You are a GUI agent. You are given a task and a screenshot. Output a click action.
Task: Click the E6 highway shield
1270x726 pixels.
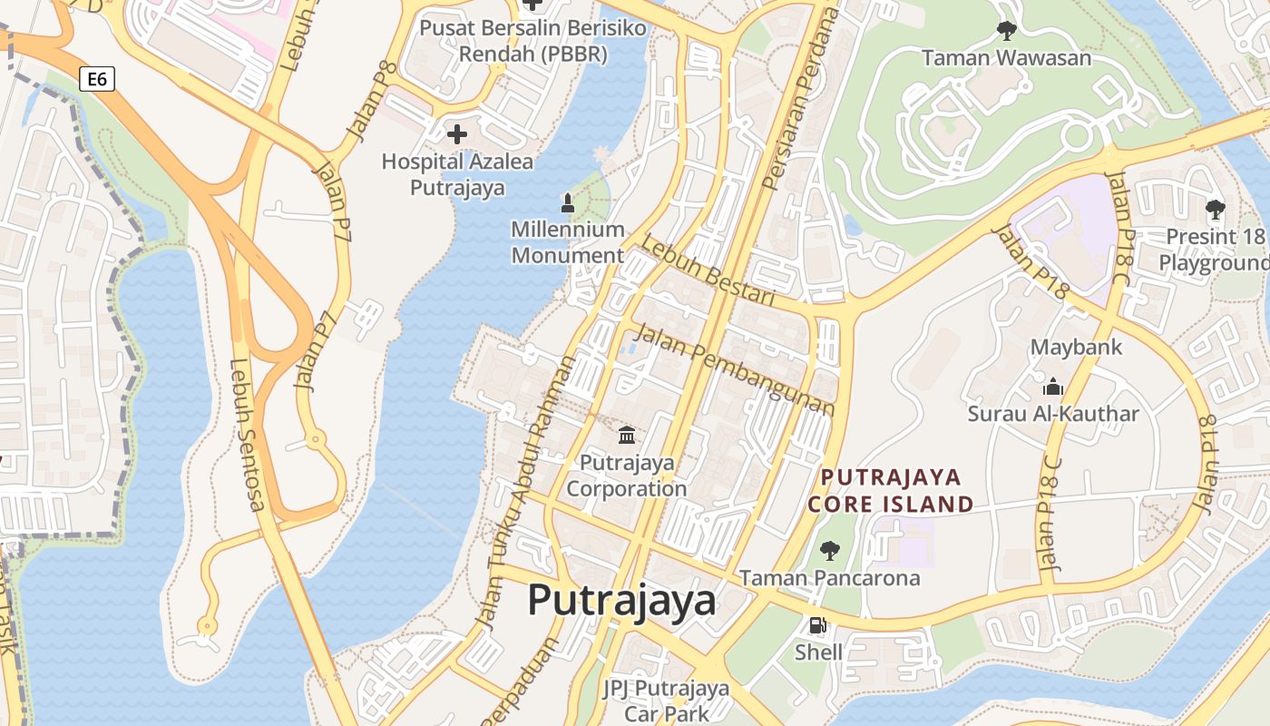click(97, 79)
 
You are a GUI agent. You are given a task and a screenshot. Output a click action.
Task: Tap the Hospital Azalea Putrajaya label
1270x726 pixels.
click(457, 175)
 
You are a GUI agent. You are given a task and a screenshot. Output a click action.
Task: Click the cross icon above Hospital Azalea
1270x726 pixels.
click(457, 135)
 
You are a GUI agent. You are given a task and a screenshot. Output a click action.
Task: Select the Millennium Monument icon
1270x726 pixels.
click(568, 202)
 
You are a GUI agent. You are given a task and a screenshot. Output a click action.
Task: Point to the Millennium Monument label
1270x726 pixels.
click(568, 242)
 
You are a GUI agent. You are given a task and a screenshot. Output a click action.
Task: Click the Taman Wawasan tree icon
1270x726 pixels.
click(1006, 31)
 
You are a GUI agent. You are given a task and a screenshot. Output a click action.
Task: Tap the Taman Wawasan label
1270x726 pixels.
click(1006, 58)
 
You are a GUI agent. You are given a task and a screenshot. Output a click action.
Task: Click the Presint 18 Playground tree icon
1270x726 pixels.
click(1215, 210)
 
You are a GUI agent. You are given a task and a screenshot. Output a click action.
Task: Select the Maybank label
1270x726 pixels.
click(1076, 347)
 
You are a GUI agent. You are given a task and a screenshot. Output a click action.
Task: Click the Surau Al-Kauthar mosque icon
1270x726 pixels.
click(1052, 388)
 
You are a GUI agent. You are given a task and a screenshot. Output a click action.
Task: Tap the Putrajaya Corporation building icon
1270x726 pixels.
click(627, 435)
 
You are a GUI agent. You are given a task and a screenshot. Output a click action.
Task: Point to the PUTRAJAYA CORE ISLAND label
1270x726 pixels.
click(891, 490)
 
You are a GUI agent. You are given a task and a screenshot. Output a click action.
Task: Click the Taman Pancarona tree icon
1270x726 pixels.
click(829, 550)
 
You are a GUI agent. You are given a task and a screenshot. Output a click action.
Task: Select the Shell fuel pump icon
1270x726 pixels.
click(818, 625)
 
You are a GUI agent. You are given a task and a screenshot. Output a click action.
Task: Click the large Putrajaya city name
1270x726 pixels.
click(621, 600)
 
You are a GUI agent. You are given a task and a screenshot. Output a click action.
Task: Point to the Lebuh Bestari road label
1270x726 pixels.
click(708, 271)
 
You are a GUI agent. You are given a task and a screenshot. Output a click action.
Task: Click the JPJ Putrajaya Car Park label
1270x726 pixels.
click(667, 700)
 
